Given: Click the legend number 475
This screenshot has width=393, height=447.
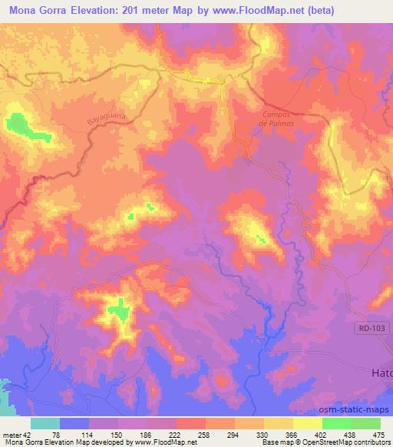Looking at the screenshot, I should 379,434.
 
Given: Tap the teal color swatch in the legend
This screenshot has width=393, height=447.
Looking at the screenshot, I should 45,423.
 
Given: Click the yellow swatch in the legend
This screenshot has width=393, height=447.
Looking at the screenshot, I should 278,423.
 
